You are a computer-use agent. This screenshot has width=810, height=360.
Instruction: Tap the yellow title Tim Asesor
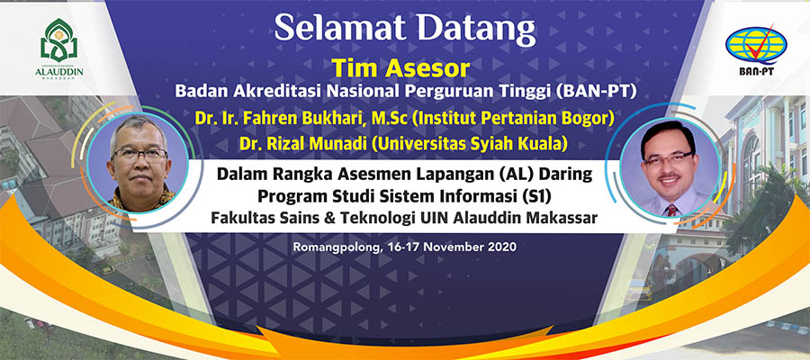tap(400, 68)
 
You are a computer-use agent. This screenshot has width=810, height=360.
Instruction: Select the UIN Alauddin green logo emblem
tap(58, 40)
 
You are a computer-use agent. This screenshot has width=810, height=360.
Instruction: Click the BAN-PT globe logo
tap(756, 46)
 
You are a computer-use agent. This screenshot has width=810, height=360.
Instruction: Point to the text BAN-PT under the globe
tap(756, 72)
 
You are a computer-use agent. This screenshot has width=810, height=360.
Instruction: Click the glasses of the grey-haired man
tap(139, 153)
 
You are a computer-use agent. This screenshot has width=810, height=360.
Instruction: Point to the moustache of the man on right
tap(670, 177)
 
